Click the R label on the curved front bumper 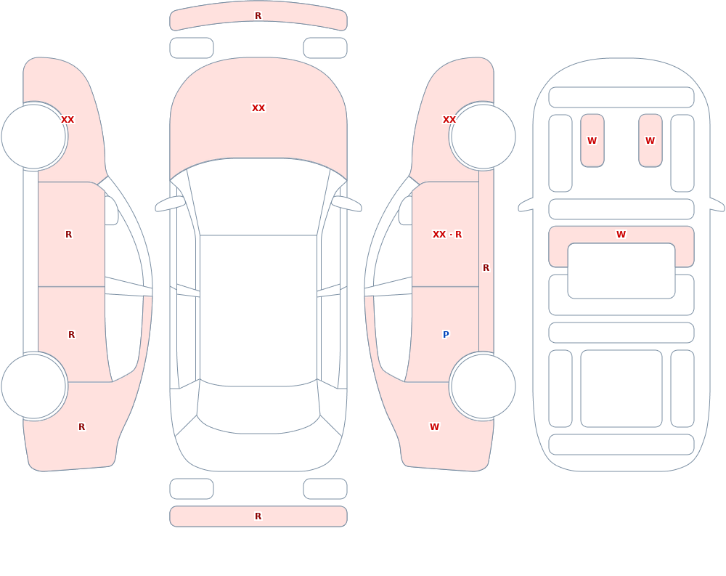click(x=258, y=16)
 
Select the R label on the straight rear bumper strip click(x=258, y=516)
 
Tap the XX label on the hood click(x=258, y=108)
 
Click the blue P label click(x=446, y=335)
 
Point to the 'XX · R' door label click(x=446, y=235)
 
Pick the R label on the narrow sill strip click(x=486, y=268)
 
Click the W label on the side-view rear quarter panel click(x=434, y=427)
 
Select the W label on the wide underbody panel click(x=621, y=235)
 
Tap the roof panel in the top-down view click(x=258, y=310)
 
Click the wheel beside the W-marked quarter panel click(x=483, y=386)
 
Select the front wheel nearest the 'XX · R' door click(x=483, y=137)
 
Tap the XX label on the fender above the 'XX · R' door click(x=449, y=120)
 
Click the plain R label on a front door click(x=68, y=235)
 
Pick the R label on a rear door click(x=71, y=335)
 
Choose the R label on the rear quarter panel click(x=81, y=427)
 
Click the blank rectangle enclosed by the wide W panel click(x=621, y=271)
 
